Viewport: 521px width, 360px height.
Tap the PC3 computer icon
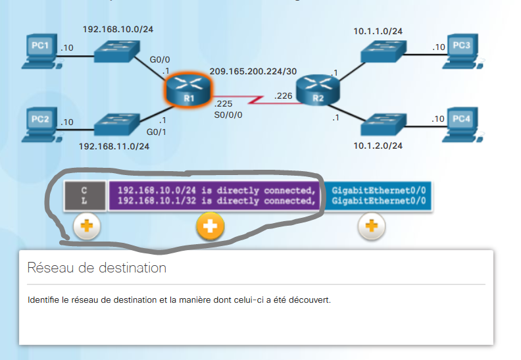(x=462, y=51)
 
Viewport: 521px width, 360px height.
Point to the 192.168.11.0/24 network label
(x=114, y=146)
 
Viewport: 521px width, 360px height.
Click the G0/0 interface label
(x=160, y=60)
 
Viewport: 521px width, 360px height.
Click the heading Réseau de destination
(x=97, y=268)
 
